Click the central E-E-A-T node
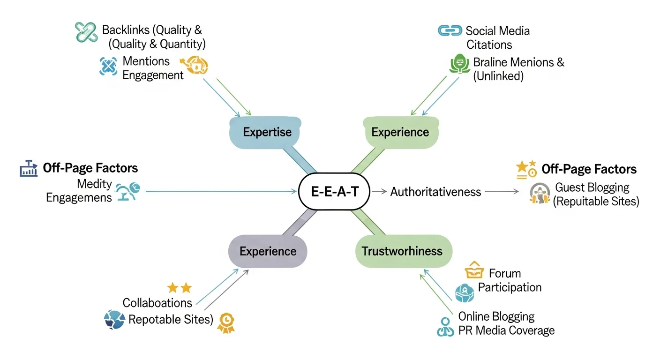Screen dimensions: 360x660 tap(334, 191)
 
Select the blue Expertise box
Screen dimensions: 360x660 tap(267, 132)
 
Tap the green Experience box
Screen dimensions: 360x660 tap(400, 132)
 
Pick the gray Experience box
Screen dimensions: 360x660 tap(268, 251)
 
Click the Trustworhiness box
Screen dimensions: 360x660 tap(402, 251)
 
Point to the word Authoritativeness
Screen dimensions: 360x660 tap(435, 191)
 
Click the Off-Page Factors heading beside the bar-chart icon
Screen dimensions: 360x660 tap(90, 168)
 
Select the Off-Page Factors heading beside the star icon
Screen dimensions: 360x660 tap(589, 169)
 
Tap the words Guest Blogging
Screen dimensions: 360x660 tap(592, 187)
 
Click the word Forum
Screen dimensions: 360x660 tap(505, 273)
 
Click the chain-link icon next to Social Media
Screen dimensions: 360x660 tap(450, 30)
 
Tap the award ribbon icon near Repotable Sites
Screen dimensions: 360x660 tap(226, 322)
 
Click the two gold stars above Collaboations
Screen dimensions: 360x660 tap(179, 288)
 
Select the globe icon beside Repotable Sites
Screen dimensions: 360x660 tap(114, 319)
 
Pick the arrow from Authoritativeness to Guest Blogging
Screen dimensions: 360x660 tap(502, 191)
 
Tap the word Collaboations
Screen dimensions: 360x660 tap(157, 303)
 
